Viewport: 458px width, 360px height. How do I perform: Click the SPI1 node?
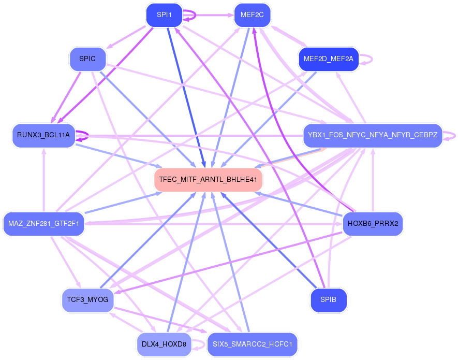(x=164, y=15)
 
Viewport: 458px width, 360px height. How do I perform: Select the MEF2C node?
(x=252, y=15)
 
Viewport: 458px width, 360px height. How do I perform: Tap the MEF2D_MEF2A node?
(x=328, y=59)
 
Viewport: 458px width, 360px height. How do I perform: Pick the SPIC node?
(x=87, y=59)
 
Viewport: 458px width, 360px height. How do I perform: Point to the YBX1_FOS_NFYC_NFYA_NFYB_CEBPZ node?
(x=372, y=135)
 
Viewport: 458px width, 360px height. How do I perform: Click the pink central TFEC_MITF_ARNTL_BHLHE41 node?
(x=208, y=180)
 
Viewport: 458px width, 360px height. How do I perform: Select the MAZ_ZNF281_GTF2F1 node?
(x=43, y=224)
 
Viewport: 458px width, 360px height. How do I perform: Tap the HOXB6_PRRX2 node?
(x=372, y=224)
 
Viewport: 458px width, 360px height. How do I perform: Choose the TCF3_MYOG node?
(x=87, y=300)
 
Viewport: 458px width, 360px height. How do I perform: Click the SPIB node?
(x=328, y=300)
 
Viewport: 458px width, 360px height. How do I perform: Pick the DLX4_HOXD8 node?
(x=164, y=344)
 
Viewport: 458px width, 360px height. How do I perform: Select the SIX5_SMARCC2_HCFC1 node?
(x=252, y=344)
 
